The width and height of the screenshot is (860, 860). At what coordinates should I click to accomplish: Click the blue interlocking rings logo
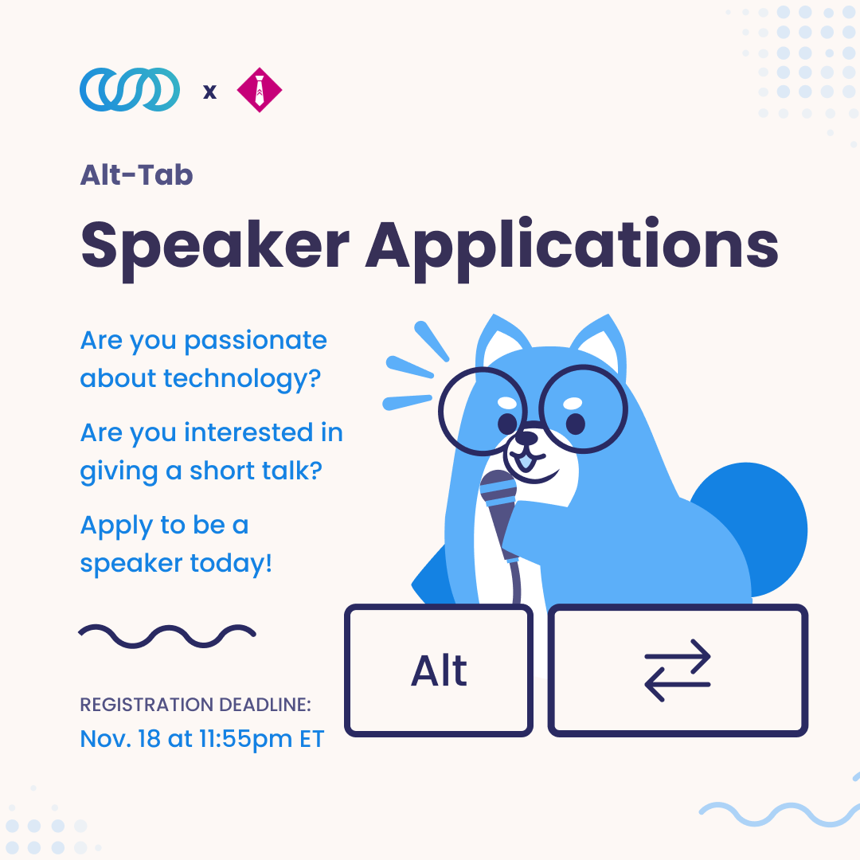pyautogui.click(x=130, y=89)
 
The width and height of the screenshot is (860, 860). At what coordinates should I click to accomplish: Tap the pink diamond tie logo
pyautogui.click(x=260, y=90)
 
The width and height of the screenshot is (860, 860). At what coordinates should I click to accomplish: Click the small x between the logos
pyautogui.click(x=209, y=92)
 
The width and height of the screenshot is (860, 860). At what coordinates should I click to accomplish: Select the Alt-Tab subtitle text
pyautogui.click(x=137, y=175)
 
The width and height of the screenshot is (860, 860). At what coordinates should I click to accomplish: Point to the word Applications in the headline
pyautogui.click(x=572, y=248)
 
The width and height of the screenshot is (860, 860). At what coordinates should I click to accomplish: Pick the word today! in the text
pyautogui.click(x=231, y=563)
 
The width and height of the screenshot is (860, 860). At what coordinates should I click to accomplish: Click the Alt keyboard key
pyautogui.click(x=439, y=670)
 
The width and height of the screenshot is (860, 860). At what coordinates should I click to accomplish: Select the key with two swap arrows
pyautogui.click(x=678, y=670)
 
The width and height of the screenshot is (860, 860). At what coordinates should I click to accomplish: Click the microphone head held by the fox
pyautogui.click(x=498, y=489)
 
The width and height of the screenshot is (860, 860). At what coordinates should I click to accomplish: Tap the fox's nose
pyautogui.click(x=527, y=437)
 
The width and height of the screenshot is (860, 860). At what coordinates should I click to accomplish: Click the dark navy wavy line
pyautogui.click(x=167, y=635)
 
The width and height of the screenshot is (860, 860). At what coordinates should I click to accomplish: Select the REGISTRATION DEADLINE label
pyautogui.click(x=196, y=704)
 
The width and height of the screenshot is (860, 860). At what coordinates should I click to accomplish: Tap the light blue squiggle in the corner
pyautogui.click(x=780, y=812)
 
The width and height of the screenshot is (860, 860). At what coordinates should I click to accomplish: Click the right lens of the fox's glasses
pyautogui.click(x=584, y=408)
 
